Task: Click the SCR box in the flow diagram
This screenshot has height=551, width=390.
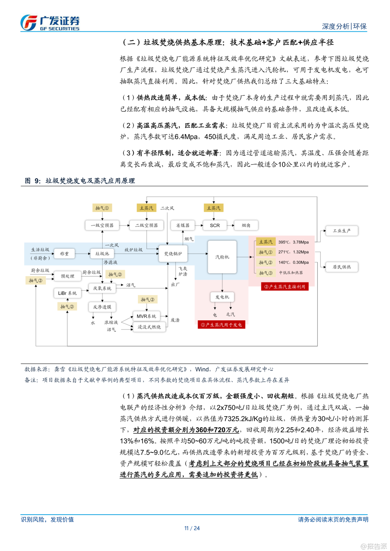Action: coord(215,225)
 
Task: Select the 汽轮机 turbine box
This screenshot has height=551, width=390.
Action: coord(222,257)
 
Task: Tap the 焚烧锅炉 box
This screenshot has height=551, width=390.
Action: coord(173,253)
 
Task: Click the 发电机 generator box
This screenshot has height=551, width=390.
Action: coord(222,297)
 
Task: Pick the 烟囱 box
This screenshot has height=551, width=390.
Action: coord(246,225)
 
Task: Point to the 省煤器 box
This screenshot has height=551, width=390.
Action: coord(183,225)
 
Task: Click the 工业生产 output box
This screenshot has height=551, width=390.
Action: coord(341,231)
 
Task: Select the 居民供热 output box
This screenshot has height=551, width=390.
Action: coord(341,267)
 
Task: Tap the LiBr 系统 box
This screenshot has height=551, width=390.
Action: coord(67,293)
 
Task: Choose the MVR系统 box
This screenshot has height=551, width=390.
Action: coord(146,316)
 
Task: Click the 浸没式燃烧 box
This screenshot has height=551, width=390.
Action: coord(149,327)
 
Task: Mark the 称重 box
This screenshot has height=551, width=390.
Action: coord(64,253)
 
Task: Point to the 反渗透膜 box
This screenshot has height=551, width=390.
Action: coord(102,307)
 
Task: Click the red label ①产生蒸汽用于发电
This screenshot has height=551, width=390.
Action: coord(221,325)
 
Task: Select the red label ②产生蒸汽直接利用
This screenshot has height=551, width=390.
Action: coord(285,287)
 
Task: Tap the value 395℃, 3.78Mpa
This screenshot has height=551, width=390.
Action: coord(293,242)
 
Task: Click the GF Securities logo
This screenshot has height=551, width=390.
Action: coord(50,23)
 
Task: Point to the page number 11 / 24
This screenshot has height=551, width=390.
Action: coord(192,528)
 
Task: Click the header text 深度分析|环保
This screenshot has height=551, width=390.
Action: coord(344,26)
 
